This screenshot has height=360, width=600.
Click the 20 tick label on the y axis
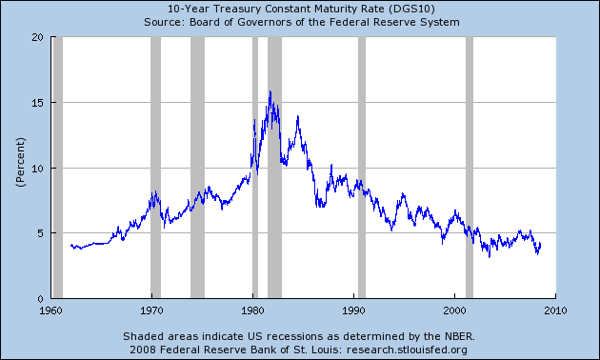point(37,37)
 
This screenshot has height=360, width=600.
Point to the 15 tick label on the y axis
point(37,103)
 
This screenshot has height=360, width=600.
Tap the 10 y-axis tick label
point(37,169)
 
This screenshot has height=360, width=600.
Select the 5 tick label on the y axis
point(41,233)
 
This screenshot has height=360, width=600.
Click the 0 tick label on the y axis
point(41,299)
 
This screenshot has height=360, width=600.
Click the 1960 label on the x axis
point(50,310)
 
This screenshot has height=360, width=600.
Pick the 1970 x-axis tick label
point(152,310)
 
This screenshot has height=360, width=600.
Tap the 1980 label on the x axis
point(253,310)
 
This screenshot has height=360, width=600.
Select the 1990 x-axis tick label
point(354,310)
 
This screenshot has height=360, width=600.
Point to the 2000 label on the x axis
point(454,310)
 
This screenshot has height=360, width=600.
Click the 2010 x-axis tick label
point(555,310)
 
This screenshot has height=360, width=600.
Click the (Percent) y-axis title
point(20,162)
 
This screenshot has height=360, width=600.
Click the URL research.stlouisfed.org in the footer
point(407,350)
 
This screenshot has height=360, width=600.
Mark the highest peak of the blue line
point(270,91)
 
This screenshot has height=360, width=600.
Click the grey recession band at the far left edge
point(58,168)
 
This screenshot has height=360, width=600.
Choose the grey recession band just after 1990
point(362,168)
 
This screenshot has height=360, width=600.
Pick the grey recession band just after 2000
point(470,168)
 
